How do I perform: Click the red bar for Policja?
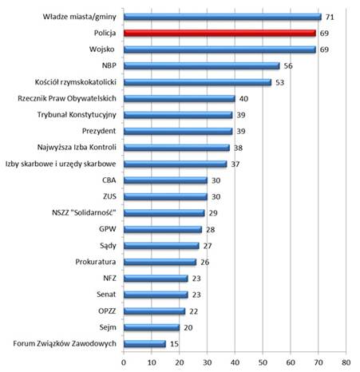click(x=220, y=34)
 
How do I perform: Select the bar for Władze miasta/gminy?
click(x=223, y=17)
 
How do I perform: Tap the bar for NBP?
click(x=202, y=65)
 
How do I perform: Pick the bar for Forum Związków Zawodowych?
click(x=144, y=344)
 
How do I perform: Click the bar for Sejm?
click(x=152, y=327)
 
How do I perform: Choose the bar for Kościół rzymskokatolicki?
click(x=197, y=82)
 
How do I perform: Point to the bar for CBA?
click(x=165, y=180)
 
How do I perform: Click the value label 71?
click(x=330, y=17)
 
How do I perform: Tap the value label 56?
click(x=288, y=65)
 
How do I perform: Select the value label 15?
click(x=174, y=344)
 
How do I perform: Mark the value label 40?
click(x=243, y=99)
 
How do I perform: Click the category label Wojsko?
click(x=102, y=49)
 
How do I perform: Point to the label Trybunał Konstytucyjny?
click(x=77, y=115)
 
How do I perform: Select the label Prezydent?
click(x=99, y=131)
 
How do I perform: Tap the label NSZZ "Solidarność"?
click(x=84, y=212)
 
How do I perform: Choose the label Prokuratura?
click(x=96, y=262)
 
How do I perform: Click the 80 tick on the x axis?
click(x=346, y=362)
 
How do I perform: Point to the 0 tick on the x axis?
click(x=124, y=362)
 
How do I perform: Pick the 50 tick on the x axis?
click(x=263, y=362)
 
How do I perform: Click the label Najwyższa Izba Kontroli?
click(x=77, y=148)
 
